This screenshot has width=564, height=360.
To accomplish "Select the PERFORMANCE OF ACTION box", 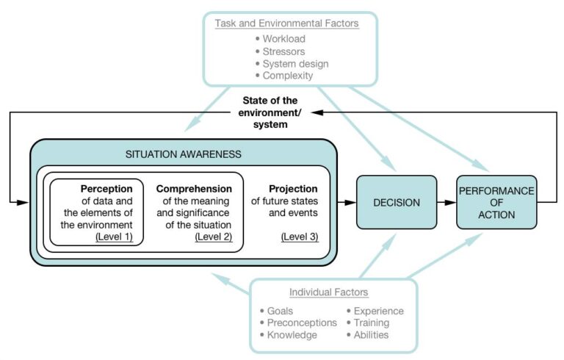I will [x=496, y=202].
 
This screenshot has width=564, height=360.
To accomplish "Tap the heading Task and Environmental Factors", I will [x=286, y=24].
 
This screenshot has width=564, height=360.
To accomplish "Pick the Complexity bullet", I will [x=287, y=76].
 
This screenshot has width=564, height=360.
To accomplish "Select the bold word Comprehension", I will [x=194, y=188].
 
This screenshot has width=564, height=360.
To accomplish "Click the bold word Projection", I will [x=294, y=188].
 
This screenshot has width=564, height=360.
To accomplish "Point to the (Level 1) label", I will [x=114, y=237].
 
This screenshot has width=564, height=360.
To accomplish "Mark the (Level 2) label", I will [x=213, y=237].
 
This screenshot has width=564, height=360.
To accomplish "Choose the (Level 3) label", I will [x=299, y=237].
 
